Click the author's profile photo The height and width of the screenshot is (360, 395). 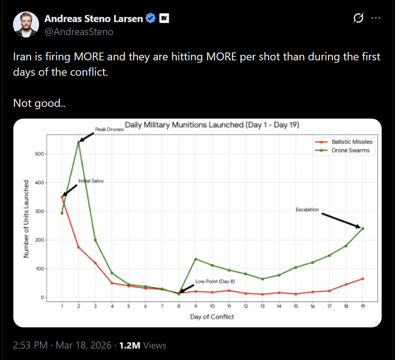26,24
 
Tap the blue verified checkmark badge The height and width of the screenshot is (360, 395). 151,18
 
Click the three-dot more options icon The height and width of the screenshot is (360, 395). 376,18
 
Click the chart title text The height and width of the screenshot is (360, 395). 212,125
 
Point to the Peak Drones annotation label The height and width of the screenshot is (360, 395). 109,129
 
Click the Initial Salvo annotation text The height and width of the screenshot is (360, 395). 91,181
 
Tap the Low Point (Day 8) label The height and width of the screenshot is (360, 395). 215,282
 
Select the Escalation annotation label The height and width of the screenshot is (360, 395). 307,210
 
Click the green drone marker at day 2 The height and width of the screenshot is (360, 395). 79,142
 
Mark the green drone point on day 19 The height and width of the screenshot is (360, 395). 363,228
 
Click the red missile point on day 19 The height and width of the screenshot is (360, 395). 363,279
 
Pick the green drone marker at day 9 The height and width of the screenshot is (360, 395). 195,259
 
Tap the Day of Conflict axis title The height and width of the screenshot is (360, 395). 212,317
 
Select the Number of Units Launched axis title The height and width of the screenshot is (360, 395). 26,219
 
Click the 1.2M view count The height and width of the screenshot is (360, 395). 130,345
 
